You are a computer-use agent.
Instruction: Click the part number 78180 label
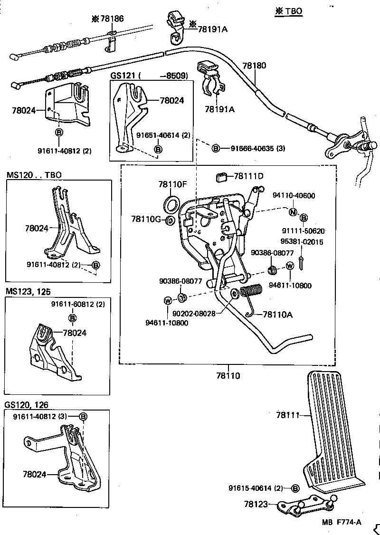pos(254,66)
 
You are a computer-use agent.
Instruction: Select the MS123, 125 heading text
pos(28,291)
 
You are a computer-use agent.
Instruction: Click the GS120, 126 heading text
pos(27,404)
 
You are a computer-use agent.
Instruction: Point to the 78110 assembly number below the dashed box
pos(228,375)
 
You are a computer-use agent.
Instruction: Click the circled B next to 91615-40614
pos(294,488)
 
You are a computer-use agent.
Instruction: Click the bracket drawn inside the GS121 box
pos(131,116)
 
